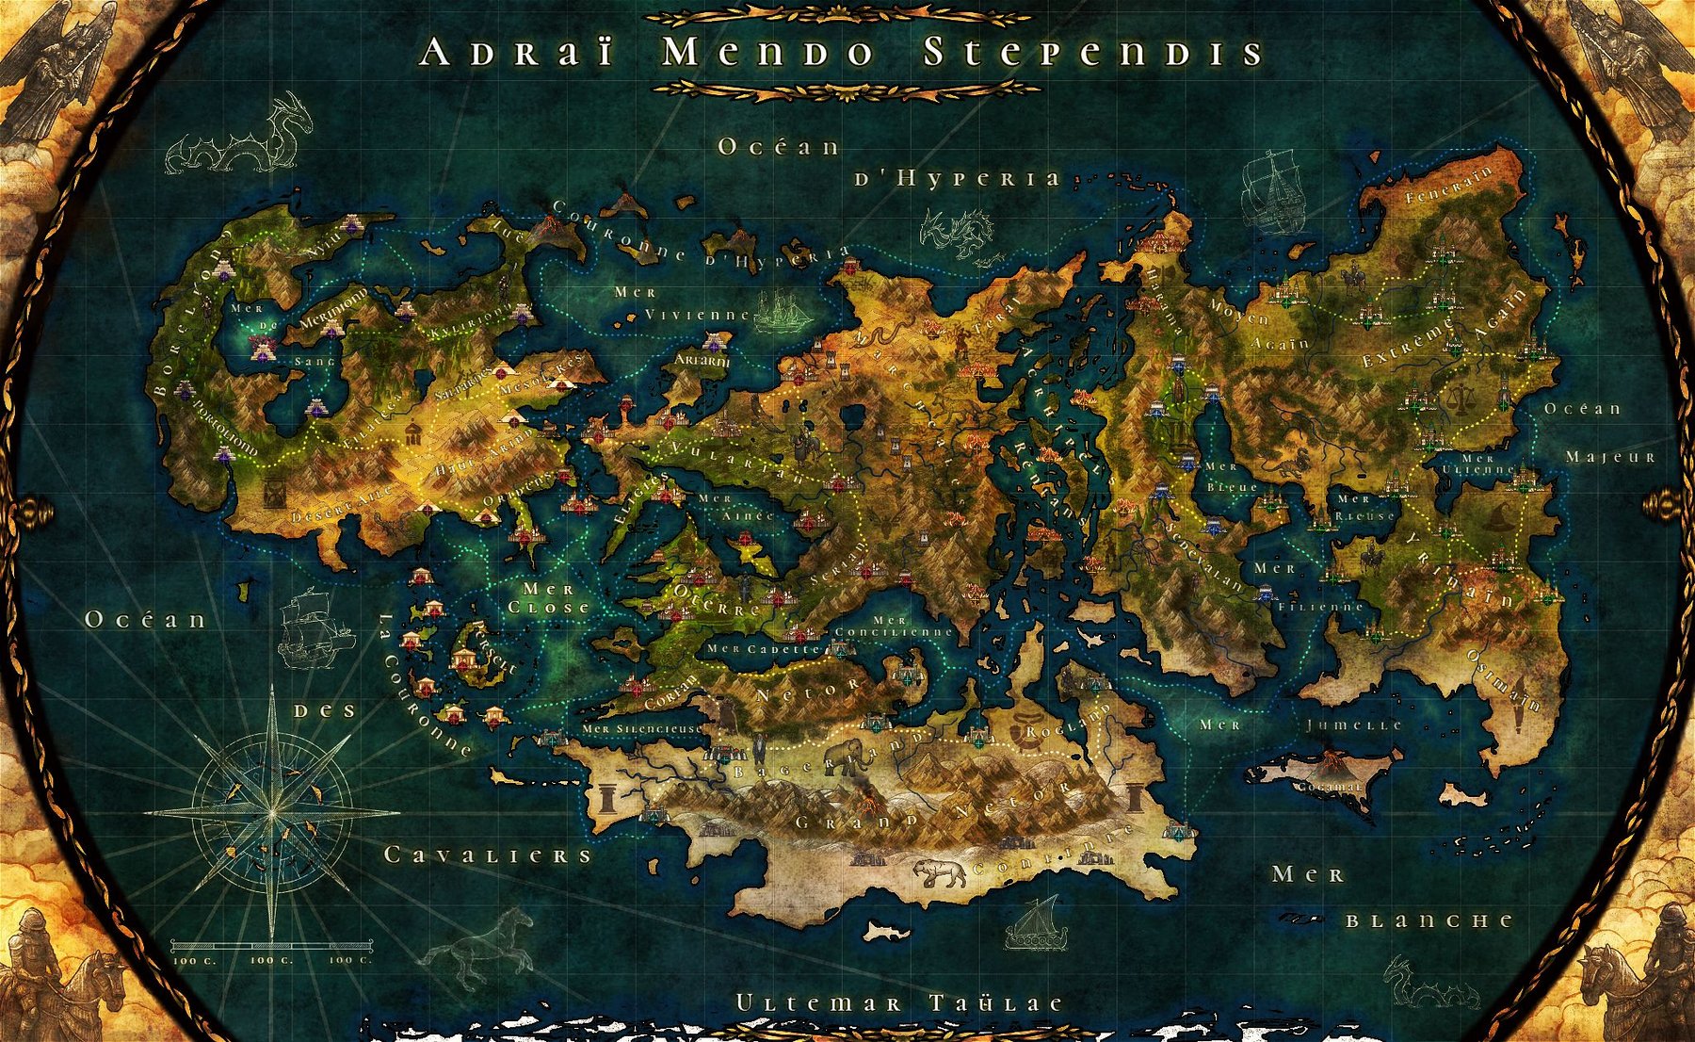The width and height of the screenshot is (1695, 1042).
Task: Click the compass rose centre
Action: point(272,811)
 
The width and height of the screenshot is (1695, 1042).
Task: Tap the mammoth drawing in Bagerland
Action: point(846,755)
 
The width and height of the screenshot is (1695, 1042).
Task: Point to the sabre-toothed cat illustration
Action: point(939,872)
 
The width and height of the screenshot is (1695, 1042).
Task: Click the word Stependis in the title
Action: point(1092,53)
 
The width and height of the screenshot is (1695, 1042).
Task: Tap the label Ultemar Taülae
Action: point(899,1004)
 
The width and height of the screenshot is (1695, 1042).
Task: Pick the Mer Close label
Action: point(548,598)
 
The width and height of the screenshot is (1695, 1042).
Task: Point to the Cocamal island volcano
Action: point(1332,761)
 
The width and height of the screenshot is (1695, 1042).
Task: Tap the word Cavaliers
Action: point(488,855)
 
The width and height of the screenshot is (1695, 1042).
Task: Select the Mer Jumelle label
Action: point(1300,725)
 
